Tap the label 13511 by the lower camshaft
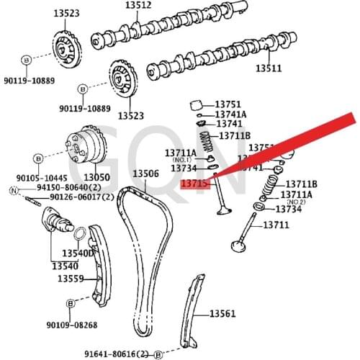pyautogui.click(x=268, y=69)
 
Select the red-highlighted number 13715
pyautogui.click(x=194, y=184)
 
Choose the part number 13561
pyautogui.click(x=222, y=313)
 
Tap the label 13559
pyautogui.click(x=71, y=278)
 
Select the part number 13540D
pyautogui.click(x=77, y=253)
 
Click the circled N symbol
pyautogui.click(x=12, y=190)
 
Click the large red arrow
pyautogui.click(x=288, y=144)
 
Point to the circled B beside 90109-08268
pyautogui.click(x=71, y=305)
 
